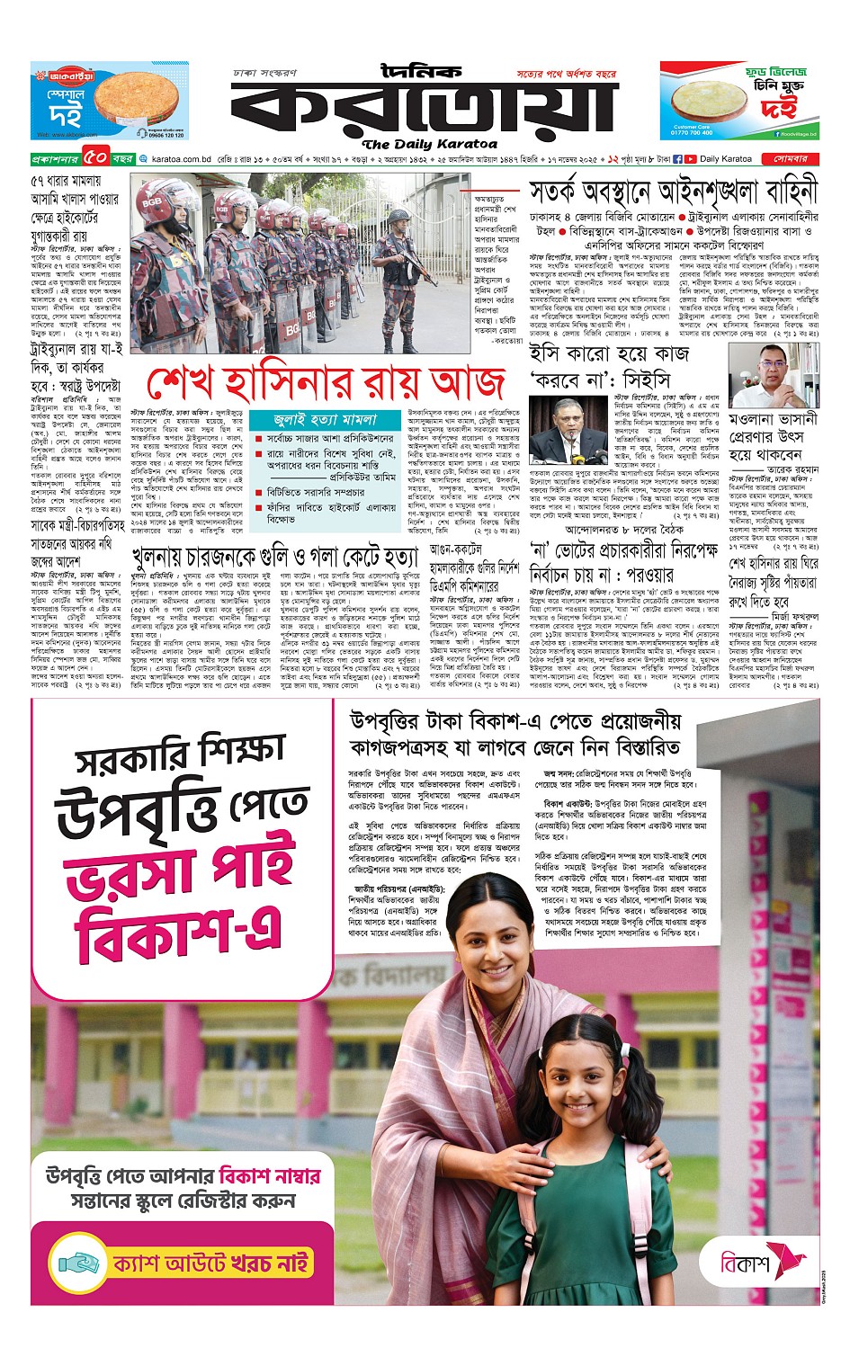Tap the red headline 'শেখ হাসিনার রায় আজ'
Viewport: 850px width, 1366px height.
[326, 382]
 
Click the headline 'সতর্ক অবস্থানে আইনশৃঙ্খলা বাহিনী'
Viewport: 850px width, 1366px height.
[673, 192]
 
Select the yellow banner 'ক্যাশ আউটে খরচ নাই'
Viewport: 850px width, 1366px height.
[211, 1263]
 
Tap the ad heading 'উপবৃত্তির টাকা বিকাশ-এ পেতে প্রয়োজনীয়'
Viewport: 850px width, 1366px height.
[515, 721]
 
